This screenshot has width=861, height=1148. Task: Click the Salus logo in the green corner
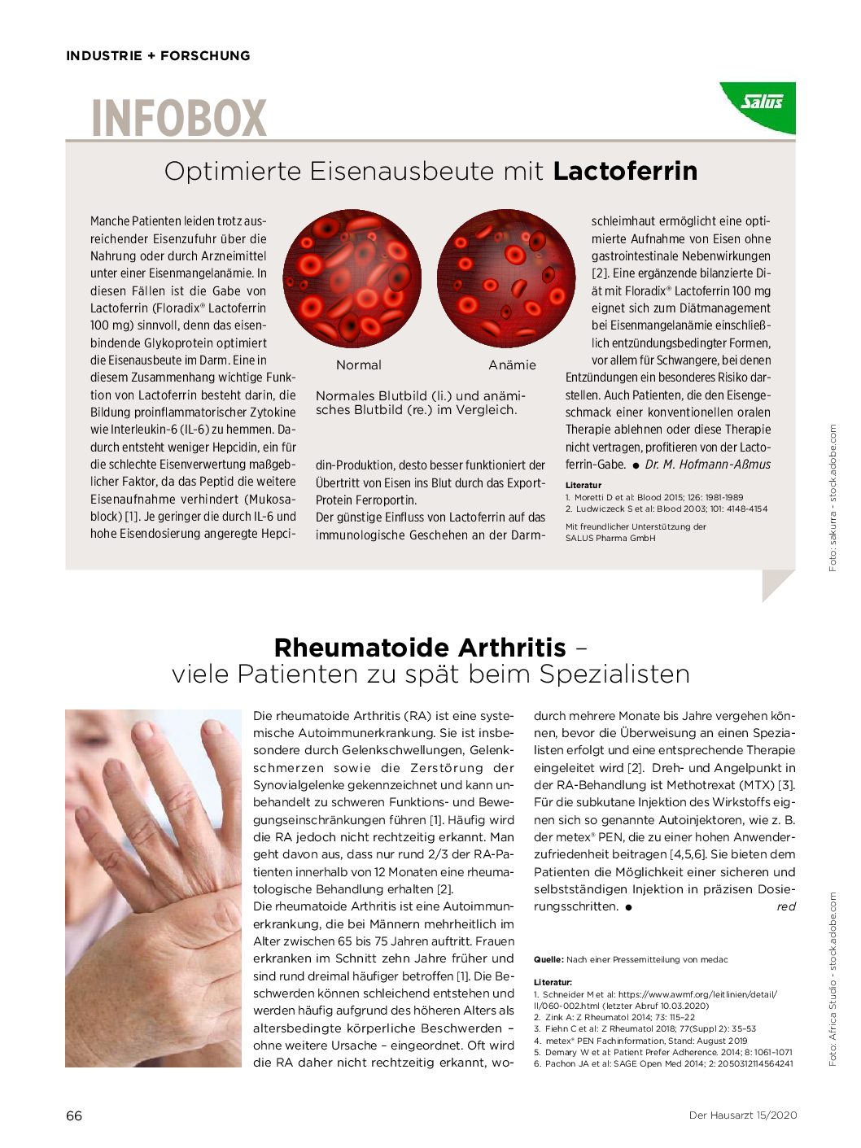point(762,102)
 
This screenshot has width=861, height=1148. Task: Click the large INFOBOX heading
point(179,119)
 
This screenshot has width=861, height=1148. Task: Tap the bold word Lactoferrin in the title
point(625,171)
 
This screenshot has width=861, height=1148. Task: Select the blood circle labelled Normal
point(352,278)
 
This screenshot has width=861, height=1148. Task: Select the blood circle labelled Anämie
point(506,278)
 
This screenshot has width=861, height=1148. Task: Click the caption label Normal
point(358,365)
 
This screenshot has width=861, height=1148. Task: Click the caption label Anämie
point(512,365)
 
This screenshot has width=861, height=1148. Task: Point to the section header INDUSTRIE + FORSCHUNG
point(158,56)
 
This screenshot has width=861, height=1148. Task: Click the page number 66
point(74,1115)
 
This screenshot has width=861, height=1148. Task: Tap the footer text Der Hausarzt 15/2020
point(742,1115)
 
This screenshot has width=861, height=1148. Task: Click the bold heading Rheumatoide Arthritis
point(420,648)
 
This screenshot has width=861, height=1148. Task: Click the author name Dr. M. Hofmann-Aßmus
point(707,465)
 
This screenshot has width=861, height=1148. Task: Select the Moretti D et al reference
point(654,497)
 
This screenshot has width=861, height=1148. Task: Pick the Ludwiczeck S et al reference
point(667,509)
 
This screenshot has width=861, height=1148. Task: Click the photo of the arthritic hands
point(153,888)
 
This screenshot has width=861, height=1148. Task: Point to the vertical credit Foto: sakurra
point(833,497)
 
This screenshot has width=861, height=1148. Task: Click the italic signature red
point(785,906)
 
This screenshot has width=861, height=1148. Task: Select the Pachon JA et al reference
point(663,1063)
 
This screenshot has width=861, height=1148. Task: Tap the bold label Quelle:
point(549,960)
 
